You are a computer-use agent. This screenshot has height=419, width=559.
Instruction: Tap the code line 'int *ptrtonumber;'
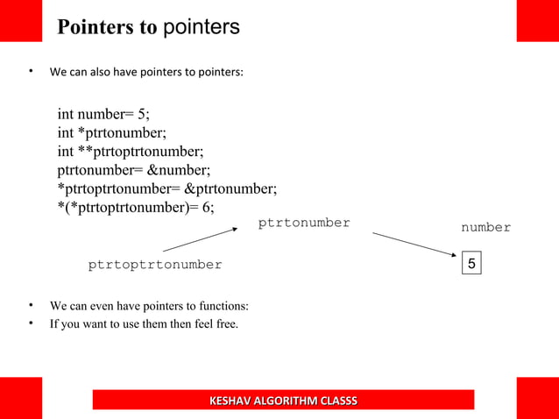point(112,132)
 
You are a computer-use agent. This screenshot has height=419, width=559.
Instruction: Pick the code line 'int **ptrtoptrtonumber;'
point(131,151)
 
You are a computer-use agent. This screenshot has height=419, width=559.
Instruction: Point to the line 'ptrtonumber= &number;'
point(134,169)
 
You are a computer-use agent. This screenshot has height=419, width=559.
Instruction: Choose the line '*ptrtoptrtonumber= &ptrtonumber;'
point(167,188)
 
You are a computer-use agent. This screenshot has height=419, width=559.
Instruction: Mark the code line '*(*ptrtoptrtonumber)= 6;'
point(136,207)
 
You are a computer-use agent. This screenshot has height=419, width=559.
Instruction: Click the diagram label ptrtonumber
point(304,223)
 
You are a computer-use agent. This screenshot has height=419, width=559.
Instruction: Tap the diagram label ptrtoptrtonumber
point(155,265)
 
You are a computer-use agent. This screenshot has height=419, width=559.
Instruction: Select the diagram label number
point(485,228)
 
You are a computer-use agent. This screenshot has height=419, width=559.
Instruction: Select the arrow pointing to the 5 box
point(415,245)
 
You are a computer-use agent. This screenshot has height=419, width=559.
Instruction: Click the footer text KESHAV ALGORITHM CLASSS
point(283,401)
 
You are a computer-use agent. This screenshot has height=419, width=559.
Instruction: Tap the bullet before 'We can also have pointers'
point(31,72)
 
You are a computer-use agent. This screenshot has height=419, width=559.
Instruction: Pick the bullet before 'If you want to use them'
point(31,323)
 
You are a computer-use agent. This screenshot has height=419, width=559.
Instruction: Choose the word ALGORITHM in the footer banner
point(283,401)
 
